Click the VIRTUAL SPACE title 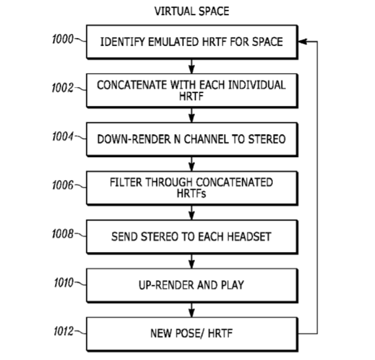pos(192,11)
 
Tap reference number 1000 pos(63,39)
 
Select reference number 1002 pos(62,88)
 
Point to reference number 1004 pos(63,136)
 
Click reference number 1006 pos(63,185)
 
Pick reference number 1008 pos(63,234)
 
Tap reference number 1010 pos(63,283)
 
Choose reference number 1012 pos(63,331)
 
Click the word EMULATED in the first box pos(173,42)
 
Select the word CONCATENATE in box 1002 pos(132,85)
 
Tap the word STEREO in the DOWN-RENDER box pos(267,139)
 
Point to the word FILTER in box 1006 pos(126,182)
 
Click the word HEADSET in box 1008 pos(249,236)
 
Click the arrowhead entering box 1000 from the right pos(302,42)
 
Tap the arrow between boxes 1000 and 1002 pos(191,66)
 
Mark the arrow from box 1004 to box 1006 pos(191,164)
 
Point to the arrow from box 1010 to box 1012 pos(191,310)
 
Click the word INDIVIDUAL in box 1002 pos(257,85)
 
